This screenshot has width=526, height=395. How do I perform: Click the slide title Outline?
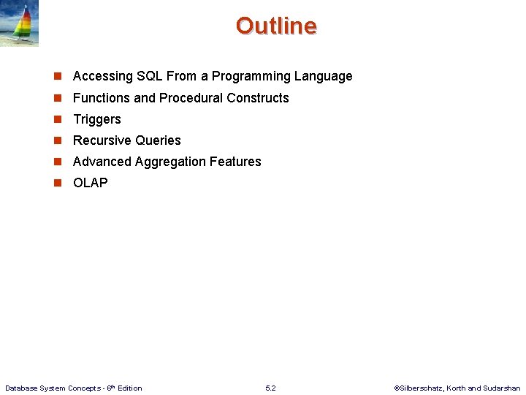coord(276,26)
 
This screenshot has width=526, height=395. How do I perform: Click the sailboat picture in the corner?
coord(20,23)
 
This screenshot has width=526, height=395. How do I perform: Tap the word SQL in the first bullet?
coord(150,76)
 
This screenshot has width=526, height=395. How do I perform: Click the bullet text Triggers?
coord(97,119)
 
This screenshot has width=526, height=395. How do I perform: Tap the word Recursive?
coord(100,140)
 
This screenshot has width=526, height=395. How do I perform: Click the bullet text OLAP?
coord(91,183)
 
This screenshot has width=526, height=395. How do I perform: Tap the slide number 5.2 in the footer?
coord(270,388)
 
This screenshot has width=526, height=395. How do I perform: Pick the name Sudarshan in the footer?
coord(502,388)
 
